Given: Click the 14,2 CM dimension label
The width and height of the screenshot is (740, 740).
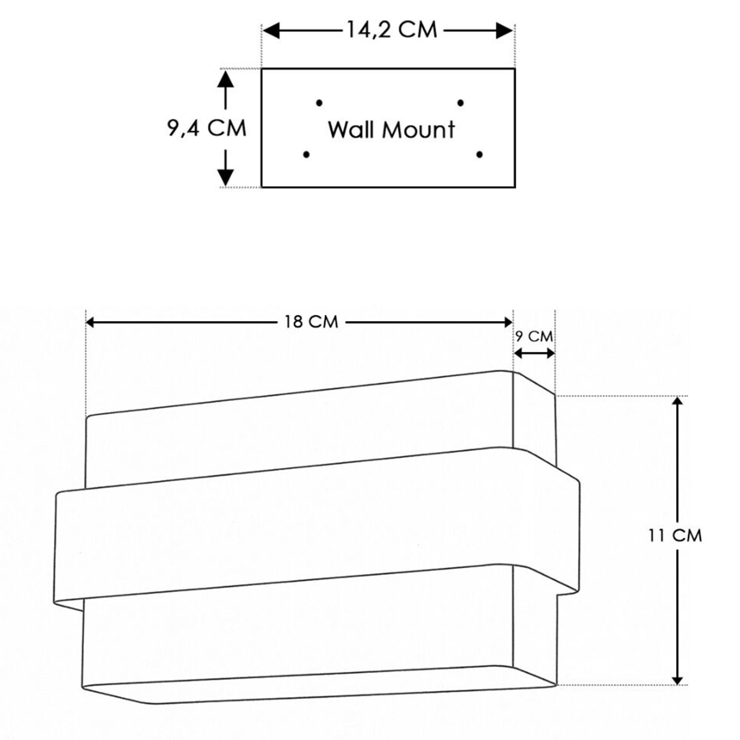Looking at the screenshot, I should click(392, 31).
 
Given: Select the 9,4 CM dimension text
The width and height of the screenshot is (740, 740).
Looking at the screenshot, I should click(207, 128).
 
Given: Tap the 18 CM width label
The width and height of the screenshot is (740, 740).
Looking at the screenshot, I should click(311, 321).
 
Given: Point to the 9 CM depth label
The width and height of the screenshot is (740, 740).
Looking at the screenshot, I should click(534, 337).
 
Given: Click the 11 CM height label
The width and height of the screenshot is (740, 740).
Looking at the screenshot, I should click(675, 536).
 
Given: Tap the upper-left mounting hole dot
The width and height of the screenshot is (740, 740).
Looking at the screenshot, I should click(319, 103).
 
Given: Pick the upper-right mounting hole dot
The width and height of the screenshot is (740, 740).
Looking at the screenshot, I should click(461, 103).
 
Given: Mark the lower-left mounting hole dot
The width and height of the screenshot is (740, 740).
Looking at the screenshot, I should click(306, 154).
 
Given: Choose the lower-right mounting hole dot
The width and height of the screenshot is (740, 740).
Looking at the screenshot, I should click(480, 154).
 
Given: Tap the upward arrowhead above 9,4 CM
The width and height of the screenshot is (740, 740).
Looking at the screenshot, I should click(226, 80).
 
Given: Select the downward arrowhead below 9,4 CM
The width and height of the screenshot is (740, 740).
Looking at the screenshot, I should click(226, 176).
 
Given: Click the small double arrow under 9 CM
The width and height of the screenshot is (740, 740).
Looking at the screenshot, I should click(534, 354).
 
